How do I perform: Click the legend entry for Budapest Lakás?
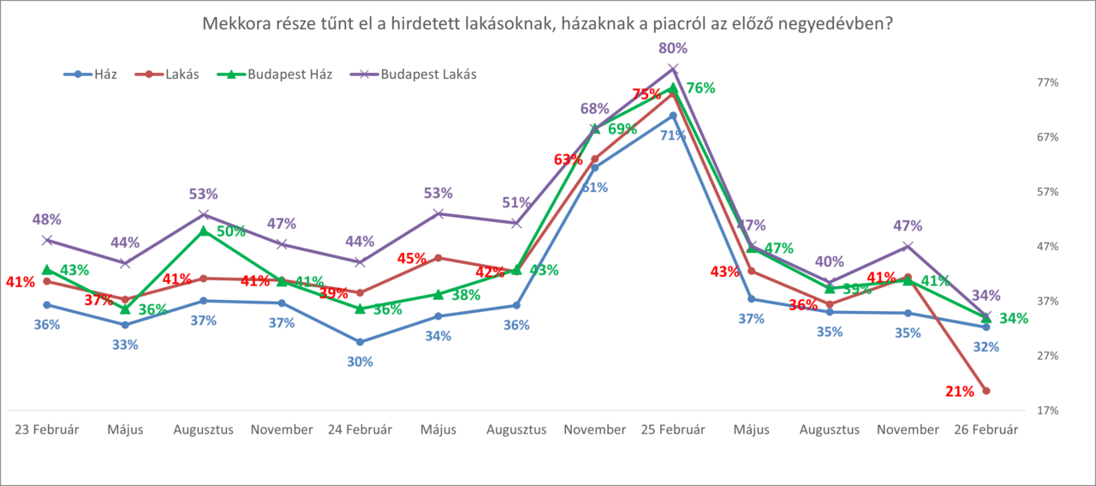pos(428,74)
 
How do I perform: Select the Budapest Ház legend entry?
pos(290,74)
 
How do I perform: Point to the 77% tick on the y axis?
pos(1048,82)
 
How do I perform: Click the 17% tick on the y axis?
pos(1048,411)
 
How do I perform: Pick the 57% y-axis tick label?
pos(1048,192)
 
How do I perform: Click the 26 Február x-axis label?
pos(986,429)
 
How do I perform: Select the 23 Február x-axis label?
pos(47,429)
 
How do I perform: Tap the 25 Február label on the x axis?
pos(673,429)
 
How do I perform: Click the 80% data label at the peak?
pos(673,48)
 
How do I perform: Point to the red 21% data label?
pos(960,392)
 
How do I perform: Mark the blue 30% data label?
pos(360,362)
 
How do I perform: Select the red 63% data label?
pos(568,159)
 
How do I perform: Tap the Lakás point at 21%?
pos(986,391)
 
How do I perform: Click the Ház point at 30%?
pos(360,342)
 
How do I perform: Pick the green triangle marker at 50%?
pos(203,231)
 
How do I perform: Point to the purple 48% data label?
pos(47,219)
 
